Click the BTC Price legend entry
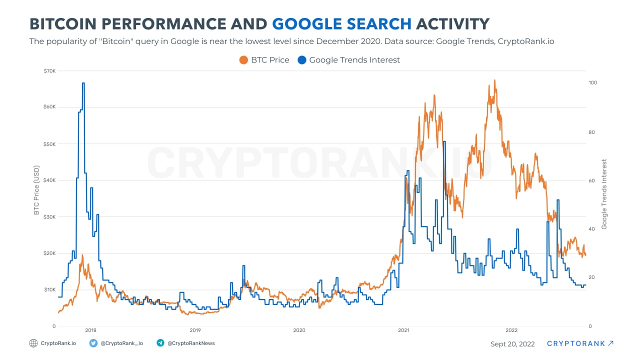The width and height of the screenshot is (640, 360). pyautogui.click(x=264, y=60)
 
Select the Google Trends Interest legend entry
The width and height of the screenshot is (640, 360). pyautogui.click(x=348, y=60)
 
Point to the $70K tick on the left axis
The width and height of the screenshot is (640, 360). pyautogui.click(x=49, y=71)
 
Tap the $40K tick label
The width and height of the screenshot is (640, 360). pyautogui.click(x=49, y=180)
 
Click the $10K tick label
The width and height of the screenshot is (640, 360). pyautogui.click(x=49, y=289)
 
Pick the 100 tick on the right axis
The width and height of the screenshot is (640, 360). pyautogui.click(x=593, y=82)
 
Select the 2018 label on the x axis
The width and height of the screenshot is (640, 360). pyautogui.click(x=90, y=330)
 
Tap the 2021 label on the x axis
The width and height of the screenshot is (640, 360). pyautogui.click(x=403, y=330)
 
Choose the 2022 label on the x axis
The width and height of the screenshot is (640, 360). pyautogui.click(x=511, y=330)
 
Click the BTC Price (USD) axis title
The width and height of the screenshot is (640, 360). pyautogui.click(x=36, y=189)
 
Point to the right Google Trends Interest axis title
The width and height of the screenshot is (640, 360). pyautogui.click(x=604, y=194)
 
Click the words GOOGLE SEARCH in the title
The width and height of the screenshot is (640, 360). pyautogui.click(x=342, y=23)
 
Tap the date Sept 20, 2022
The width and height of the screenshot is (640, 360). pyautogui.click(x=512, y=344)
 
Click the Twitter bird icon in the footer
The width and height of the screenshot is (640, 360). pyautogui.click(x=93, y=343)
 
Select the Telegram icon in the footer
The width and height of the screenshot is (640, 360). pyautogui.click(x=160, y=343)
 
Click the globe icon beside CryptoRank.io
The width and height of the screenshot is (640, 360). pyautogui.click(x=33, y=343)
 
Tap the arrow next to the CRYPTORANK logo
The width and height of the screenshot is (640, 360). pyautogui.click(x=610, y=343)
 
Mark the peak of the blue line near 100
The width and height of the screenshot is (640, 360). pyautogui.click(x=83, y=83)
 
